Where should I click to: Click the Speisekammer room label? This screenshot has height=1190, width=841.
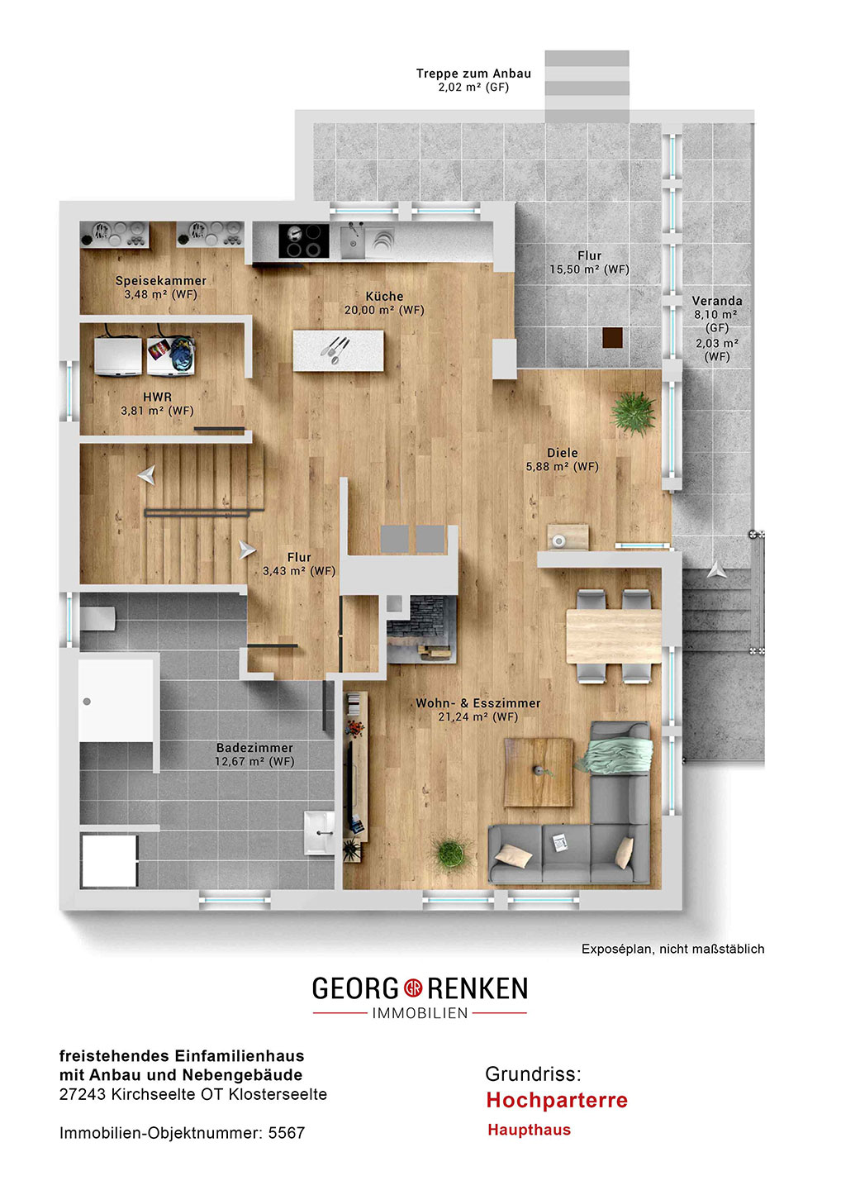[x=161, y=280]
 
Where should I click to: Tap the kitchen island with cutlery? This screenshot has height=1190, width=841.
[x=338, y=350]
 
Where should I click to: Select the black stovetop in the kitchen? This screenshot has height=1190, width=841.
[x=304, y=240]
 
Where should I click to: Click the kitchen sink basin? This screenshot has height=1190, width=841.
[x=352, y=240]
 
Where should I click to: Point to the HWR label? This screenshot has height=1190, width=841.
[x=157, y=397]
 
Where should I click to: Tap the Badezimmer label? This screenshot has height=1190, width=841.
[x=254, y=747]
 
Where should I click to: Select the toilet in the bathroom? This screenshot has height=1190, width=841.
[x=97, y=618]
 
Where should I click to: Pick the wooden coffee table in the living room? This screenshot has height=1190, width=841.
[x=539, y=772]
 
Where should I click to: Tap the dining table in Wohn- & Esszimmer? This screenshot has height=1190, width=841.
[x=614, y=636]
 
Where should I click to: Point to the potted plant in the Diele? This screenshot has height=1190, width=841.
[x=634, y=413]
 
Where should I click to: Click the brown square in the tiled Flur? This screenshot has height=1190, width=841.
[x=613, y=337]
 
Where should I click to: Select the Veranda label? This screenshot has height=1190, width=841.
[x=717, y=301]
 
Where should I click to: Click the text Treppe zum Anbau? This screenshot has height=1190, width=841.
[x=473, y=74]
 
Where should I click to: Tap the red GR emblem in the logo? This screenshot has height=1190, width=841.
[x=412, y=988]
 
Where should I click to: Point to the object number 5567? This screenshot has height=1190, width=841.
[x=286, y=1133]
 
